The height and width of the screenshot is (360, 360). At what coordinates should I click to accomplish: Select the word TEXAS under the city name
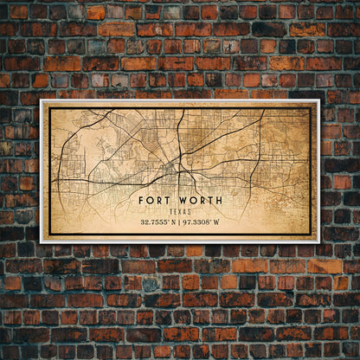[x=180, y=211]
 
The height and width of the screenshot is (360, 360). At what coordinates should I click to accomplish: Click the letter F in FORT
[x=141, y=200]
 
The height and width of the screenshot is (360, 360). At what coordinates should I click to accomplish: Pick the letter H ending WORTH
[x=218, y=200]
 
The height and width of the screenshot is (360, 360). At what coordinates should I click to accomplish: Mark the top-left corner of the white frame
[x=41, y=100]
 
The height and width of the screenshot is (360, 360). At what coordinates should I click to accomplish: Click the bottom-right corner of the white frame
[x=319, y=241]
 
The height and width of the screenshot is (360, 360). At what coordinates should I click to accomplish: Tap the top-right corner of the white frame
[x=319, y=100]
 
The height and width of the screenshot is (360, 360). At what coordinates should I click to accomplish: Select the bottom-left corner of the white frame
[x=41, y=241]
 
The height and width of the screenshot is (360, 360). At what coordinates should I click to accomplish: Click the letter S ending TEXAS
[x=190, y=211]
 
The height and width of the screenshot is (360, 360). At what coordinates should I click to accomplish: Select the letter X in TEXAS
[x=180, y=211]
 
